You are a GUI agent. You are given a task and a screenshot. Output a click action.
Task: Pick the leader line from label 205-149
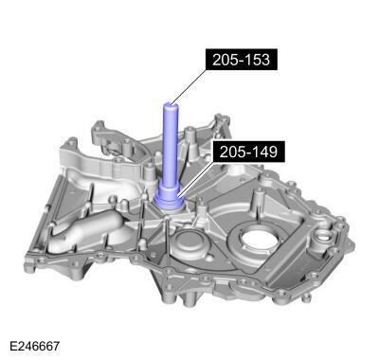click(199, 171)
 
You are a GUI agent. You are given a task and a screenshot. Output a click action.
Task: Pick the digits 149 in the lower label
click(265, 152)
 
